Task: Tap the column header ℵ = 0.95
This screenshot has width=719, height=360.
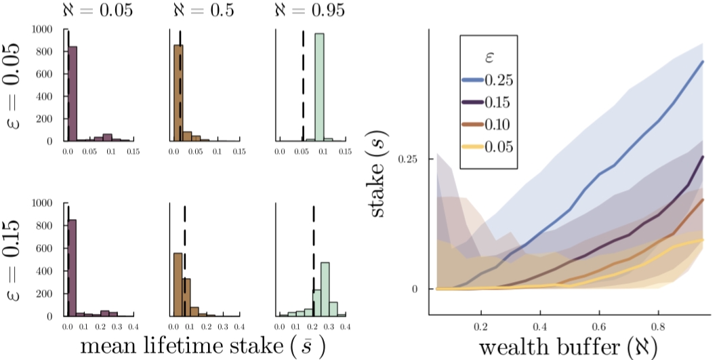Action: click(307, 12)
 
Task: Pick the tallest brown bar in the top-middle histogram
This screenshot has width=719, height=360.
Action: click(179, 93)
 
